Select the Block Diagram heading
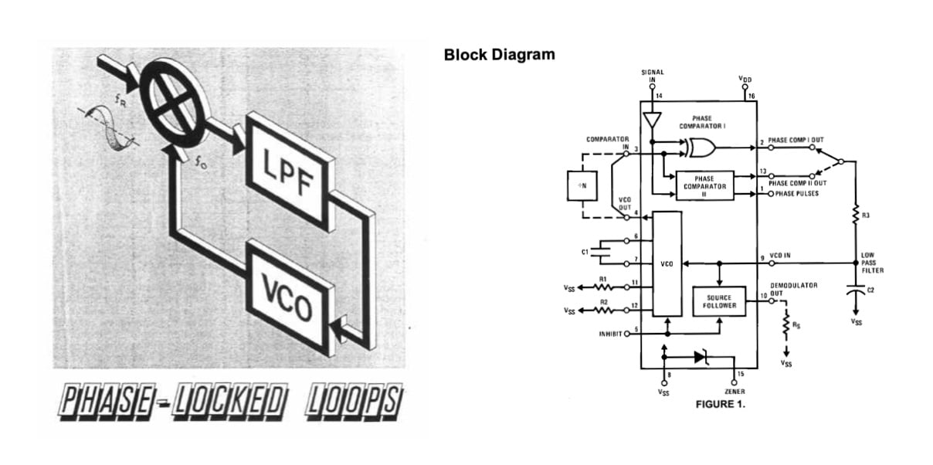pos(499,55)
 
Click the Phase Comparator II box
pos(704,186)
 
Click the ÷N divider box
pos(582,185)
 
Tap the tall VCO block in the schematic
pos(667,264)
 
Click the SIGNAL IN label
pos(653,76)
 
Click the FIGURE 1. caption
pos(721,403)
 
